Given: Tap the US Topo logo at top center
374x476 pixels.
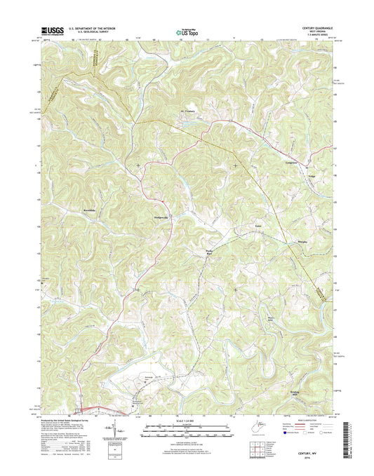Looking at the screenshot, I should point(186,30).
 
